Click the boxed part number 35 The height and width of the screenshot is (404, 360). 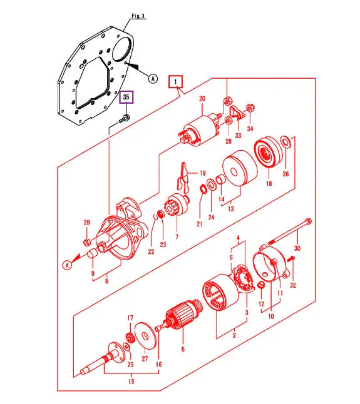[x=126, y=97]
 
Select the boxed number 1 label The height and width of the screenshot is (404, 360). [x=176, y=81]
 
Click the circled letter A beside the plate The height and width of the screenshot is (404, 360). [x=152, y=78]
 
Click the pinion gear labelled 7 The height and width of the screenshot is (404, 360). [x=172, y=207]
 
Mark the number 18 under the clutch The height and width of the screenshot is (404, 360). [x=269, y=184]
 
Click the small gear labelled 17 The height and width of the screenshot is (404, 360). [x=131, y=338]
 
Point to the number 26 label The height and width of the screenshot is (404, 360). [x=285, y=173]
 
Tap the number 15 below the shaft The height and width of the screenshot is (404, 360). [x=130, y=380]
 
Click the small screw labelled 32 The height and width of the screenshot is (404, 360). [x=292, y=256]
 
